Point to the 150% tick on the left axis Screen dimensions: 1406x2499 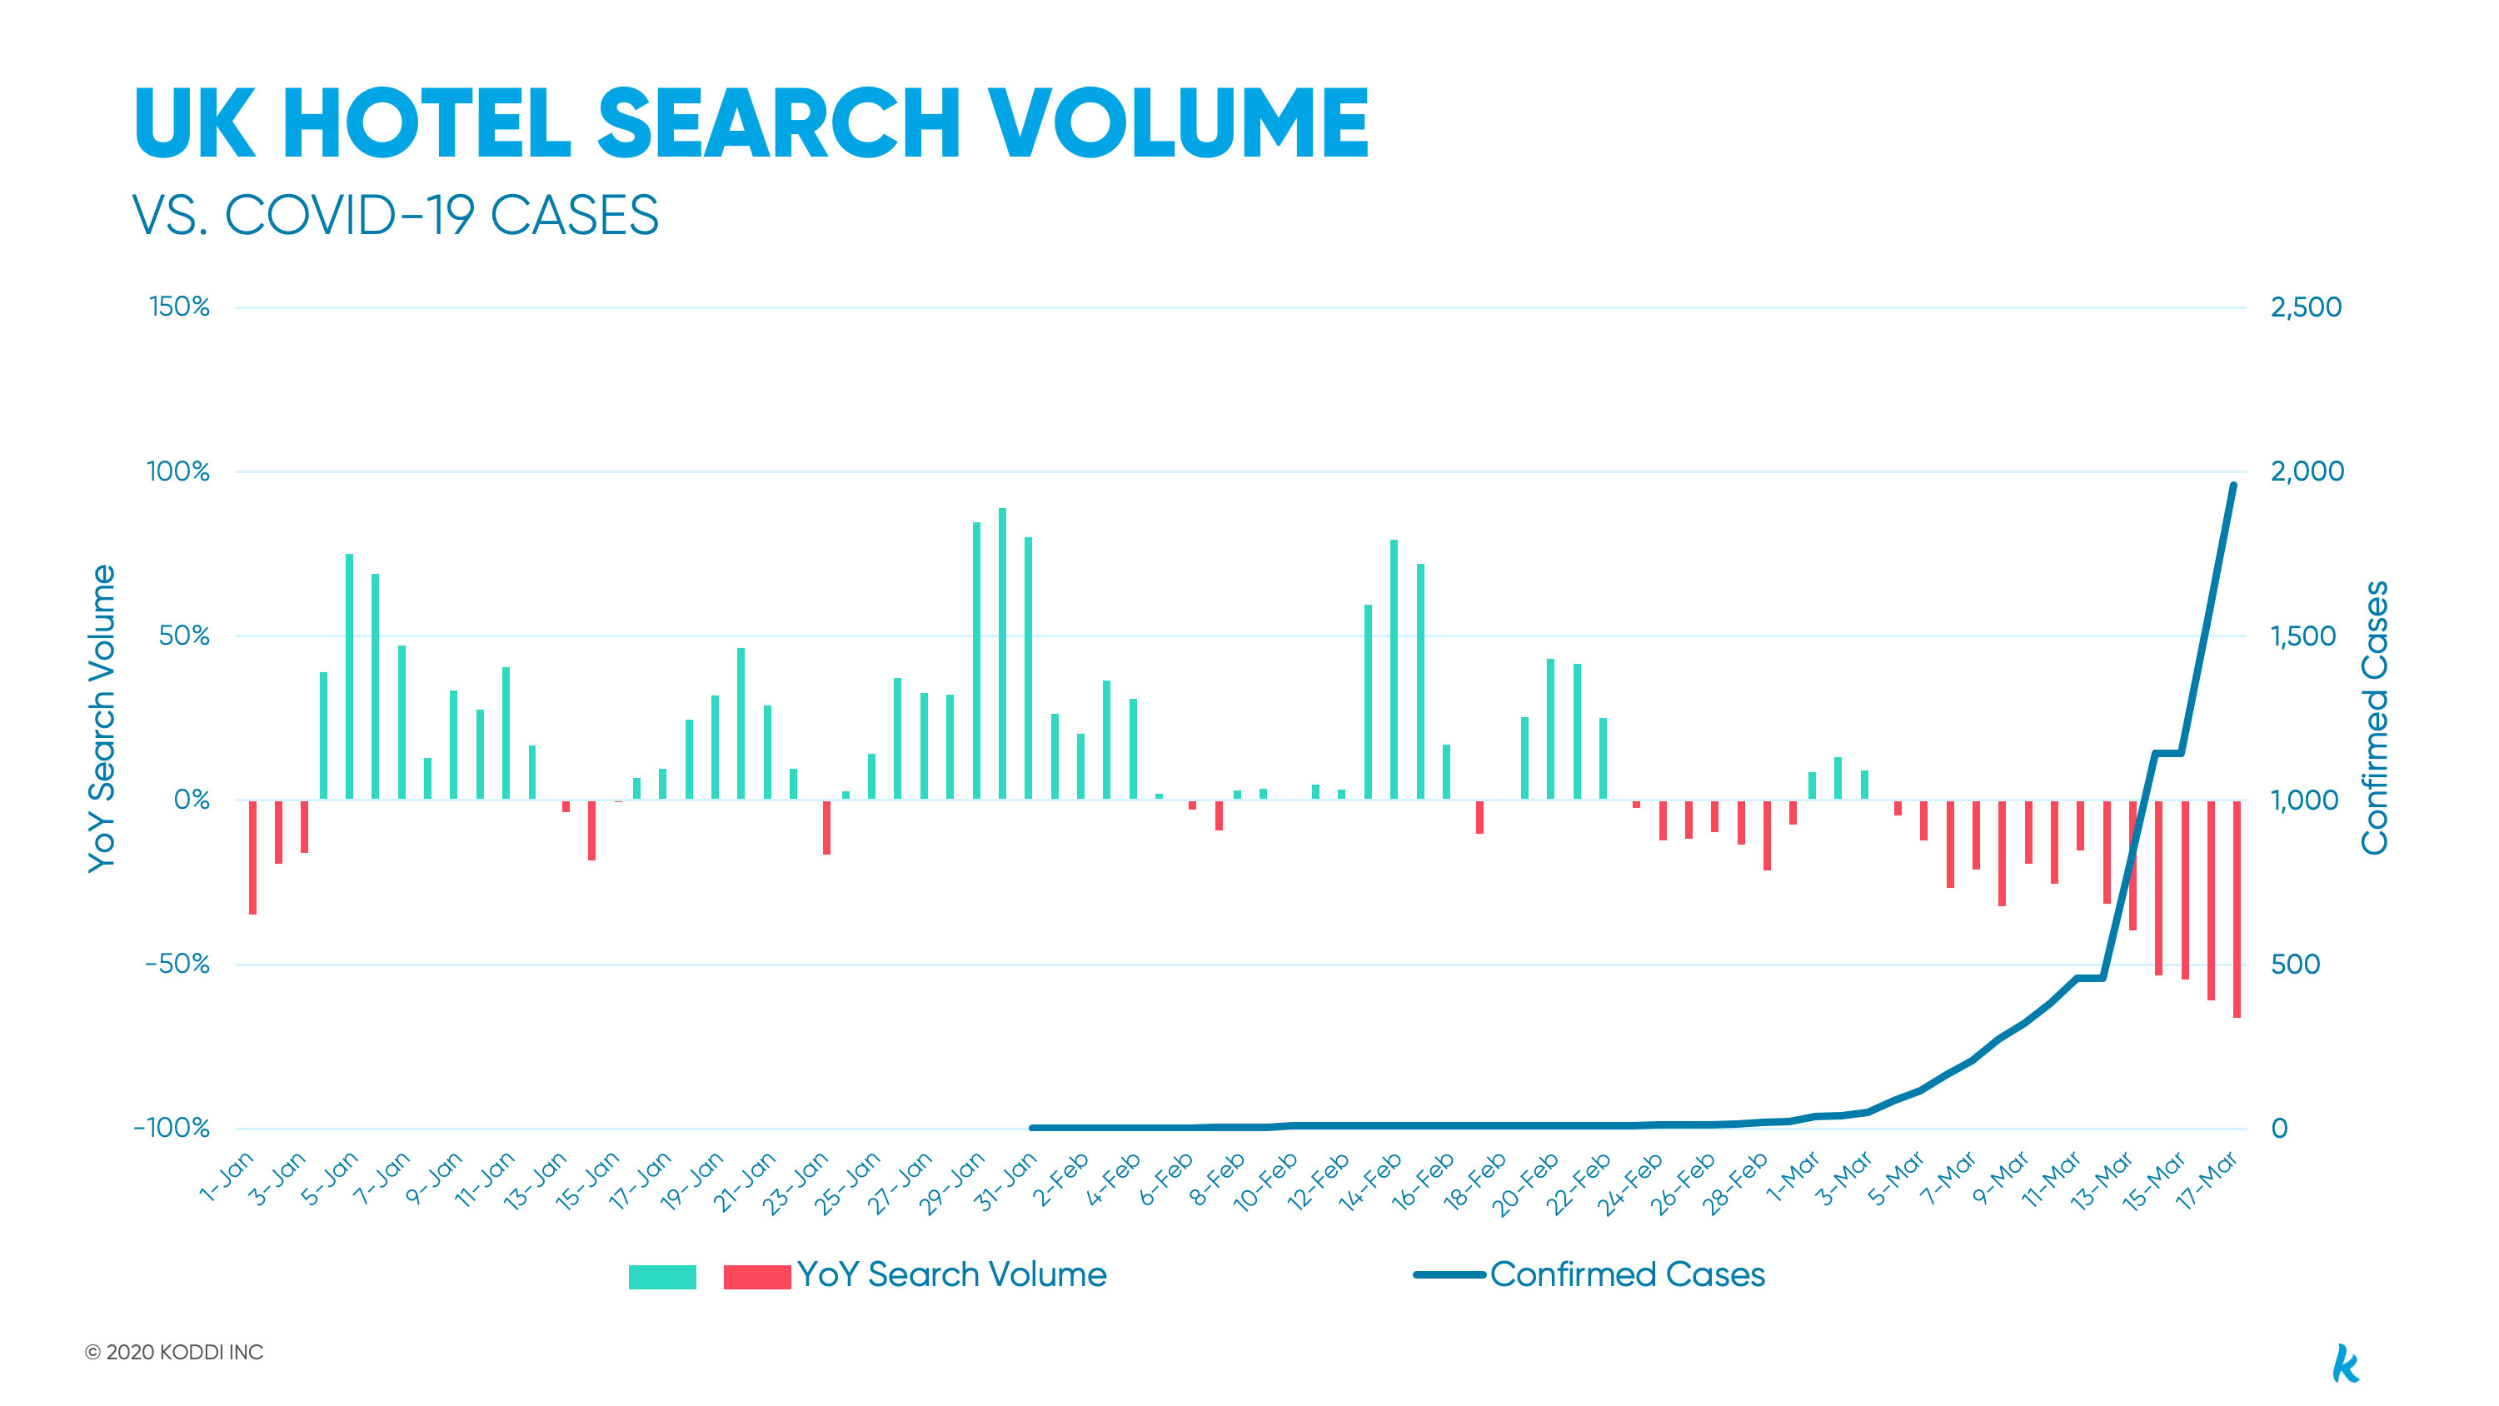pos(179,307)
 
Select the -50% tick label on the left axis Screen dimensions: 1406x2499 pos(177,964)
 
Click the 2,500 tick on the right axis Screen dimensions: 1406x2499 pos(2306,307)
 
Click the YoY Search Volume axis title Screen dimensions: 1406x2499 pos(102,718)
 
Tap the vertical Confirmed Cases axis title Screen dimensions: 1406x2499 pos(2374,718)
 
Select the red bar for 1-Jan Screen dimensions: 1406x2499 pos(252,857)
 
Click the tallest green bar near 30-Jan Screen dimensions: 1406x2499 pos(1002,653)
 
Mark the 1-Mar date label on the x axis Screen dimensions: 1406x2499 pos(1793,1177)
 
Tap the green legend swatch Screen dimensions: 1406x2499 pos(662,1276)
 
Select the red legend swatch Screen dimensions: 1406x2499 pos(756,1276)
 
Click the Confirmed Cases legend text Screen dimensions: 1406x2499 pos(1627,1274)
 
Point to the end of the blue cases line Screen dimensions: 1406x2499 pos(2233,485)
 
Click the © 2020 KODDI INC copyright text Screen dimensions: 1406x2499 pos(175,1352)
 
